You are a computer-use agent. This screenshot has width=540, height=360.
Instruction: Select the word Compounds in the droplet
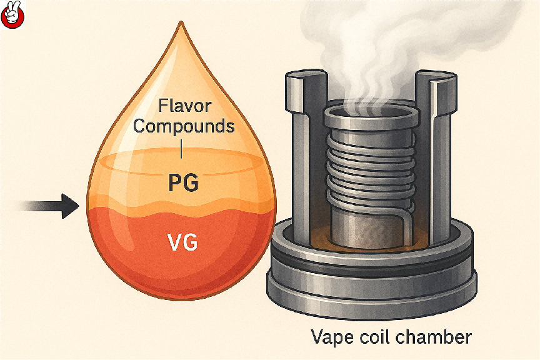tap(184, 126)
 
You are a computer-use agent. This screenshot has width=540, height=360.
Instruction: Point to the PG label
tap(184, 184)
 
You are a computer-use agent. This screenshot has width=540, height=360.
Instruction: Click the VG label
tap(183, 242)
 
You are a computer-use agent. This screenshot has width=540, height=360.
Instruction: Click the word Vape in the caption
tap(332, 338)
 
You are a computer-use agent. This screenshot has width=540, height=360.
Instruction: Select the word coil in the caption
tap(377, 338)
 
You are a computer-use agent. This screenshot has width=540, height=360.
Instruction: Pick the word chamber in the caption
tap(437, 338)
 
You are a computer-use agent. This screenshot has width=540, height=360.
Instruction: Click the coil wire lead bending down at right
tap(405, 219)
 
